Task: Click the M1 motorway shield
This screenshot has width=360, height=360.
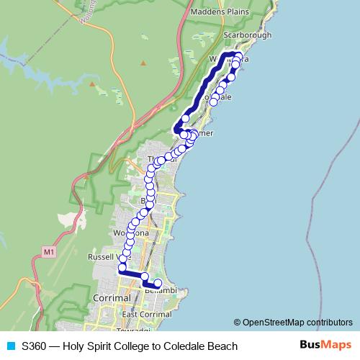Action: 48,252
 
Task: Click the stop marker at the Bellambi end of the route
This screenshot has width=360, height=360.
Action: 158,283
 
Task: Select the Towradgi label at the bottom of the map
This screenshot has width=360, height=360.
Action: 134,330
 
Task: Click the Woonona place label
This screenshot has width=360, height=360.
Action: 130,233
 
